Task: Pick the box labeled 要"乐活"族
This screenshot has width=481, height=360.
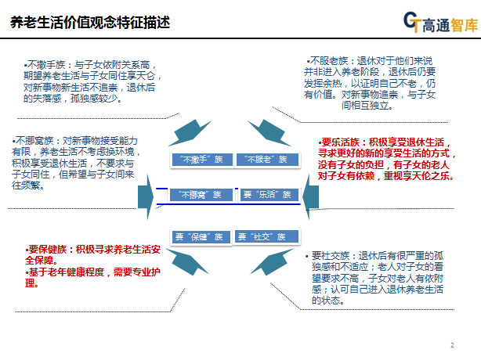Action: [266, 194]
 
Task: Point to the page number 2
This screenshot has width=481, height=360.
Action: [452, 345]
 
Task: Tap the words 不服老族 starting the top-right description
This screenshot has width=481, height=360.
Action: [328, 60]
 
